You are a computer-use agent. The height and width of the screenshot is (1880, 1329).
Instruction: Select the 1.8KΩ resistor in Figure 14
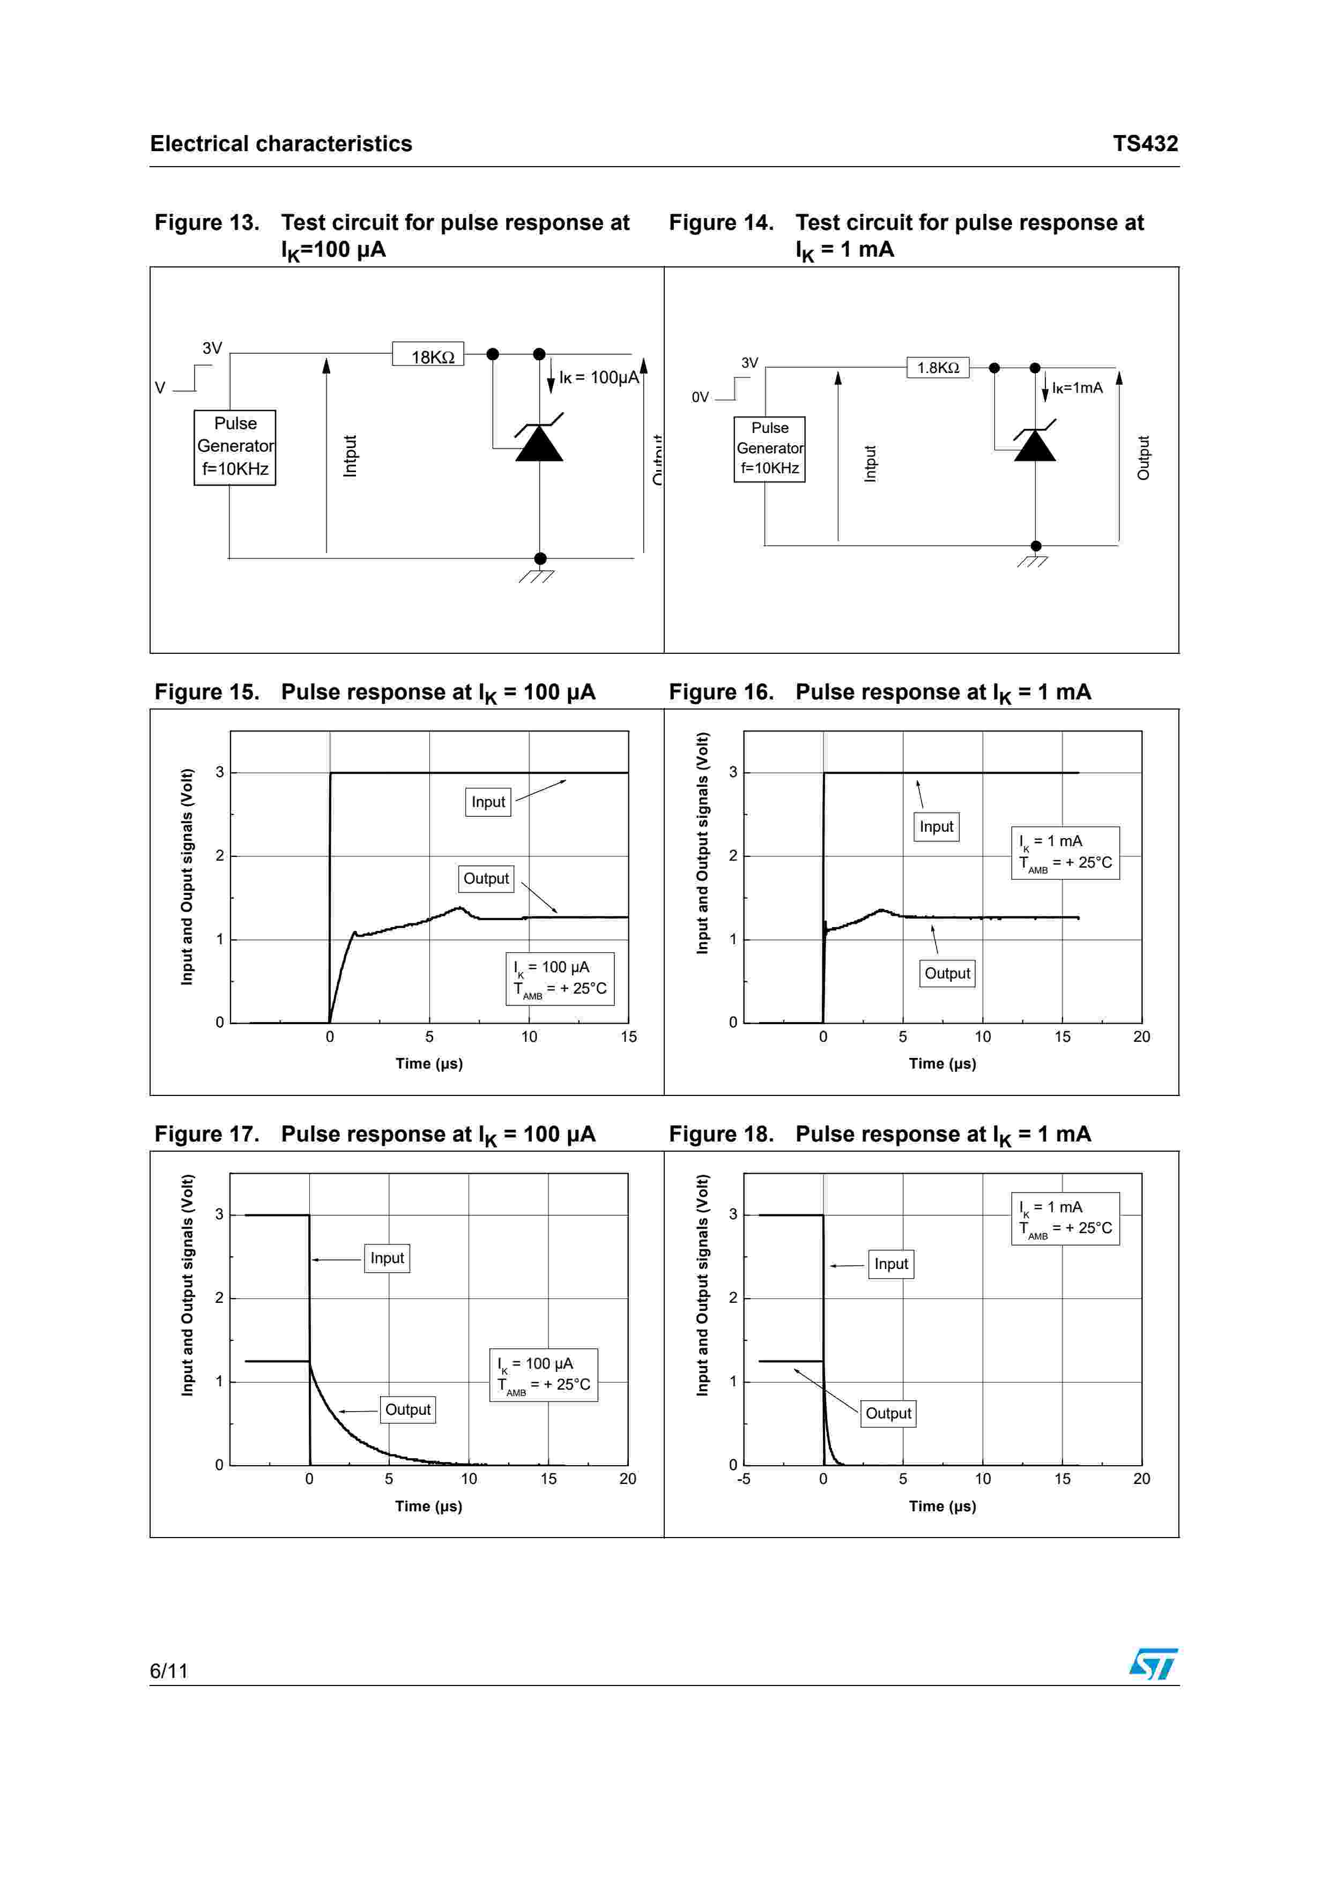click(938, 368)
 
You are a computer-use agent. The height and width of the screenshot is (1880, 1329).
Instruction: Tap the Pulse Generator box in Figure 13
click(235, 447)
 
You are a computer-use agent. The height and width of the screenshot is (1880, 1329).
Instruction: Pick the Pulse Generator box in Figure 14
click(770, 449)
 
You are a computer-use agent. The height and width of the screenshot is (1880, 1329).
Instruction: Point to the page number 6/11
click(169, 1670)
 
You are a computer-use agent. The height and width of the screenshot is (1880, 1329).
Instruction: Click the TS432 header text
click(1145, 144)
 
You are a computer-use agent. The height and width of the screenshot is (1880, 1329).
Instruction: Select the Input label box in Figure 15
click(488, 802)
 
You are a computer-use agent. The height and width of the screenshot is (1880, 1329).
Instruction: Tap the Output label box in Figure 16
click(947, 974)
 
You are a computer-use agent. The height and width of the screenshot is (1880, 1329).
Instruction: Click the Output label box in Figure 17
click(408, 1409)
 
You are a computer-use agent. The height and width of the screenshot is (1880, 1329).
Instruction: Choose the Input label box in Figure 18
click(891, 1264)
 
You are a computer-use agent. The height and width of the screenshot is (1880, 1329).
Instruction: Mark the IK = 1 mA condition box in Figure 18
click(1065, 1218)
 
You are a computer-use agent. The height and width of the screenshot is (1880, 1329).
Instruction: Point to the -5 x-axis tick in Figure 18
click(744, 1479)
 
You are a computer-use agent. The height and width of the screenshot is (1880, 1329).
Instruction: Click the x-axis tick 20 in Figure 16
click(1141, 1036)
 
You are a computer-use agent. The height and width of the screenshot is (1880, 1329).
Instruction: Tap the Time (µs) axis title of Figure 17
click(428, 1506)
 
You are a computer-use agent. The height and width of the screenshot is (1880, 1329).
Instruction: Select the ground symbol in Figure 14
click(1034, 561)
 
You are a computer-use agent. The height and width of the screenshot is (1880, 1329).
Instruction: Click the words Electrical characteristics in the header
click(281, 144)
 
